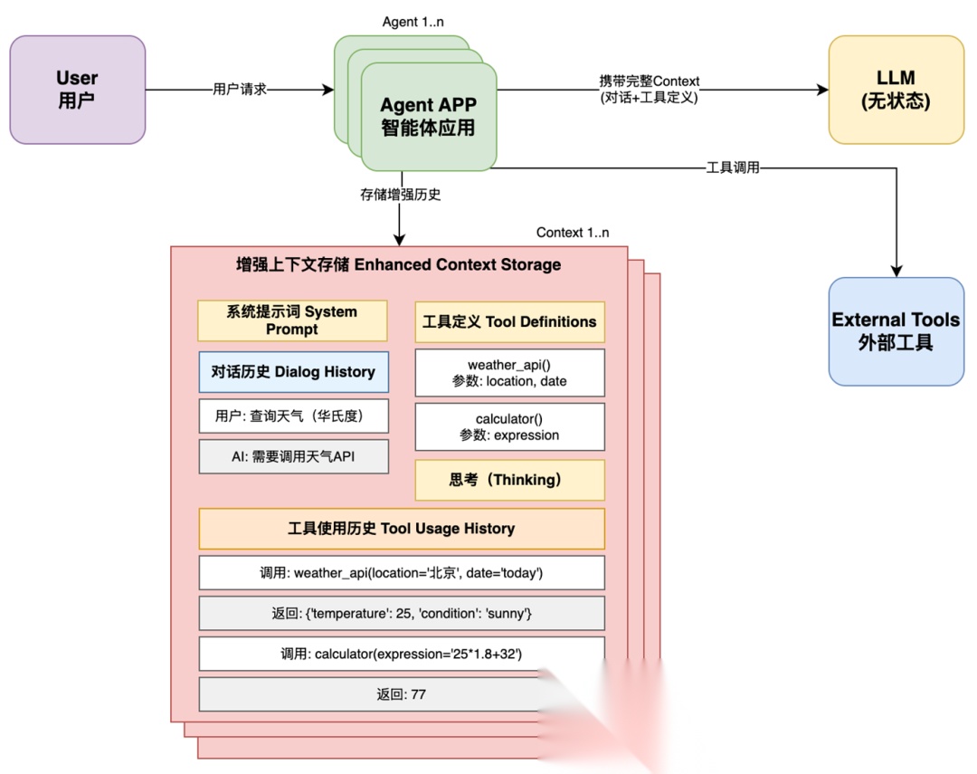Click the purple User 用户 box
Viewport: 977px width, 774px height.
(77, 90)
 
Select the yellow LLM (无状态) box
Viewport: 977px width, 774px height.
(896, 90)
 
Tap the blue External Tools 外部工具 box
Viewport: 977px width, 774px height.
(896, 331)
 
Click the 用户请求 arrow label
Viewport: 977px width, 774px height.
(240, 90)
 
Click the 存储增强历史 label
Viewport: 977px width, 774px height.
(400, 194)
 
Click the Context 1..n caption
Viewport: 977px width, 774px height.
(573, 233)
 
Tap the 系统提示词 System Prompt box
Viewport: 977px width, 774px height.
(292, 320)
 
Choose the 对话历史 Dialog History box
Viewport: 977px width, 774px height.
(292, 371)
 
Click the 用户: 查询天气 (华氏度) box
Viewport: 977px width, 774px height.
(292, 416)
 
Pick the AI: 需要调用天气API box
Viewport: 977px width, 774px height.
(292, 457)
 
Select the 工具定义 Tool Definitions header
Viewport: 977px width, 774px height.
(509, 321)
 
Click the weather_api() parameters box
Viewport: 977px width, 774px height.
(509, 373)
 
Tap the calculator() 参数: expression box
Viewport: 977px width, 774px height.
(509, 426)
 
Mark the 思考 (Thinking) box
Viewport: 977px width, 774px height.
(509, 480)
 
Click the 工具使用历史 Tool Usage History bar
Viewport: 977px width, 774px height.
(401, 529)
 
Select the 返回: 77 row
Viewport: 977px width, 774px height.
(401, 694)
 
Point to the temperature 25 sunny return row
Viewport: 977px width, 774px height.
(401, 613)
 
